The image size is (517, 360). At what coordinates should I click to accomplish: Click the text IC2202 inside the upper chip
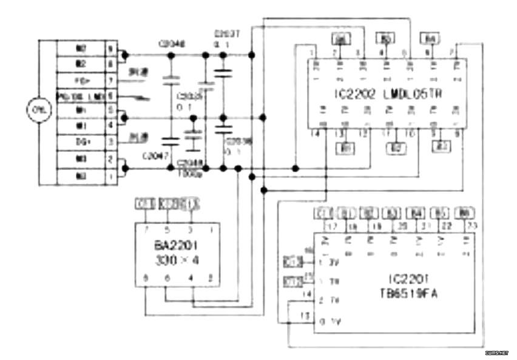pos(347,95)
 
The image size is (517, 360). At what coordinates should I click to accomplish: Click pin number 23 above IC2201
pos(465,225)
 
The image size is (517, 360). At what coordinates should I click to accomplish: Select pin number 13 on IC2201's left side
pos(305,315)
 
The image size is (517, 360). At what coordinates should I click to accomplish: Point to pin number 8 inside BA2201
pos(145,278)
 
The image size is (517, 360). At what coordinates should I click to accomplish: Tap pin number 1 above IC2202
pos(312,53)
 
